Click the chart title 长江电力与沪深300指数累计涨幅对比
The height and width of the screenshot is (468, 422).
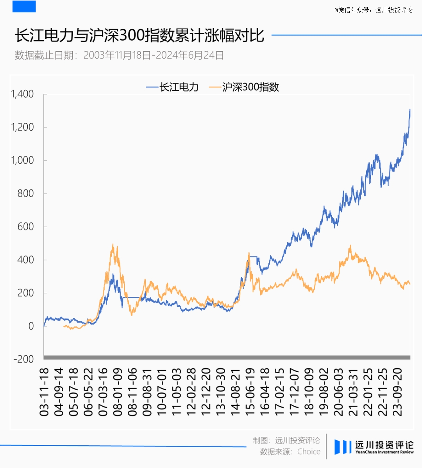pos(139,36)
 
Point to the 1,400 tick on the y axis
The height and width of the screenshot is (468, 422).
pos(22,94)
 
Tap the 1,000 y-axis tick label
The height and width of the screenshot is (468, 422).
pos(22,160)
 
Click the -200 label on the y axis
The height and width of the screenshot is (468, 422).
pos(23,359)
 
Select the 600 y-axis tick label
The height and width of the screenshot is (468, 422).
pos(25,227)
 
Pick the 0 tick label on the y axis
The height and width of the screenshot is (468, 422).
pos(31,326)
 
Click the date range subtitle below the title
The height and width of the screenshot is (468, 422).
pos(119,55)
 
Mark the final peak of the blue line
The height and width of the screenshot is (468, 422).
pos(409,110)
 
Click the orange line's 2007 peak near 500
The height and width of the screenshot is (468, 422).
pos(113,245)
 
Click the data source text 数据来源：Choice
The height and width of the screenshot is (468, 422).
pos(290,452)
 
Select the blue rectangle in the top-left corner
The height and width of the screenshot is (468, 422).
pos(24,6)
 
